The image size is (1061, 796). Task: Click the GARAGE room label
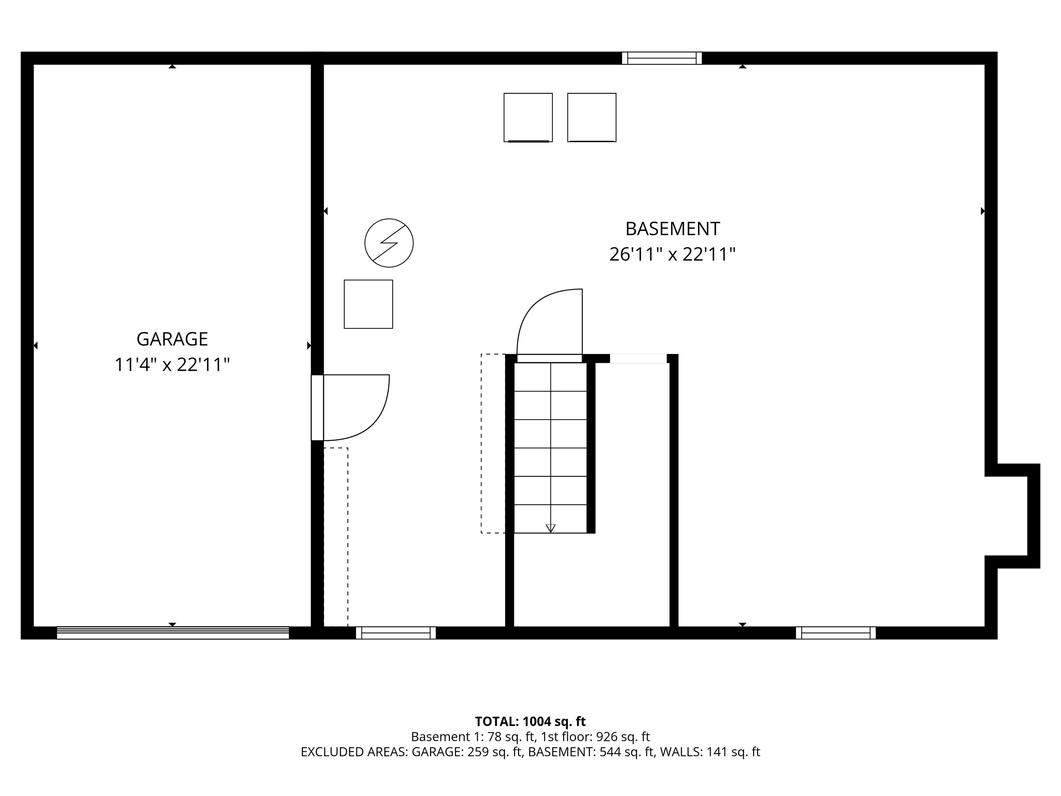pyautogui.click(x=172, y=339)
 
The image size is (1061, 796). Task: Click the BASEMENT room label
pyautogui.click(x=672, y=229)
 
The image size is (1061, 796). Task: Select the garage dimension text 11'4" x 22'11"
pyautogui.click(x=172, y=365)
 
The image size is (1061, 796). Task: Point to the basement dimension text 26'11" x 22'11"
pyautogui.click(x=672, y=254)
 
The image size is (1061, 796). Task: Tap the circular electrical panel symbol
pyautogui.click(x=389, y=243)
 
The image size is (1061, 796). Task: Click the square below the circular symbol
pyautogui.click(x=369, y=304)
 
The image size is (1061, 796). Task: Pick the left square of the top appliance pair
pyautogui.click(x=528, y=117)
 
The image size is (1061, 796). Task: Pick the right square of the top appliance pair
pyautogui.click(x=592, y=117)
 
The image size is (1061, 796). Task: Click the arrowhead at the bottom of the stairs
pyautogui.click(x=551, y=528)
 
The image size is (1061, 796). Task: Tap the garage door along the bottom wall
pyautogui.click(x=173, y=633)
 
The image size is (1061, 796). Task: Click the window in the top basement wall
pyautogui.click(x=662, y=58)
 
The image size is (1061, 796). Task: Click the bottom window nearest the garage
pyautogui.click(x=396, y=633)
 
